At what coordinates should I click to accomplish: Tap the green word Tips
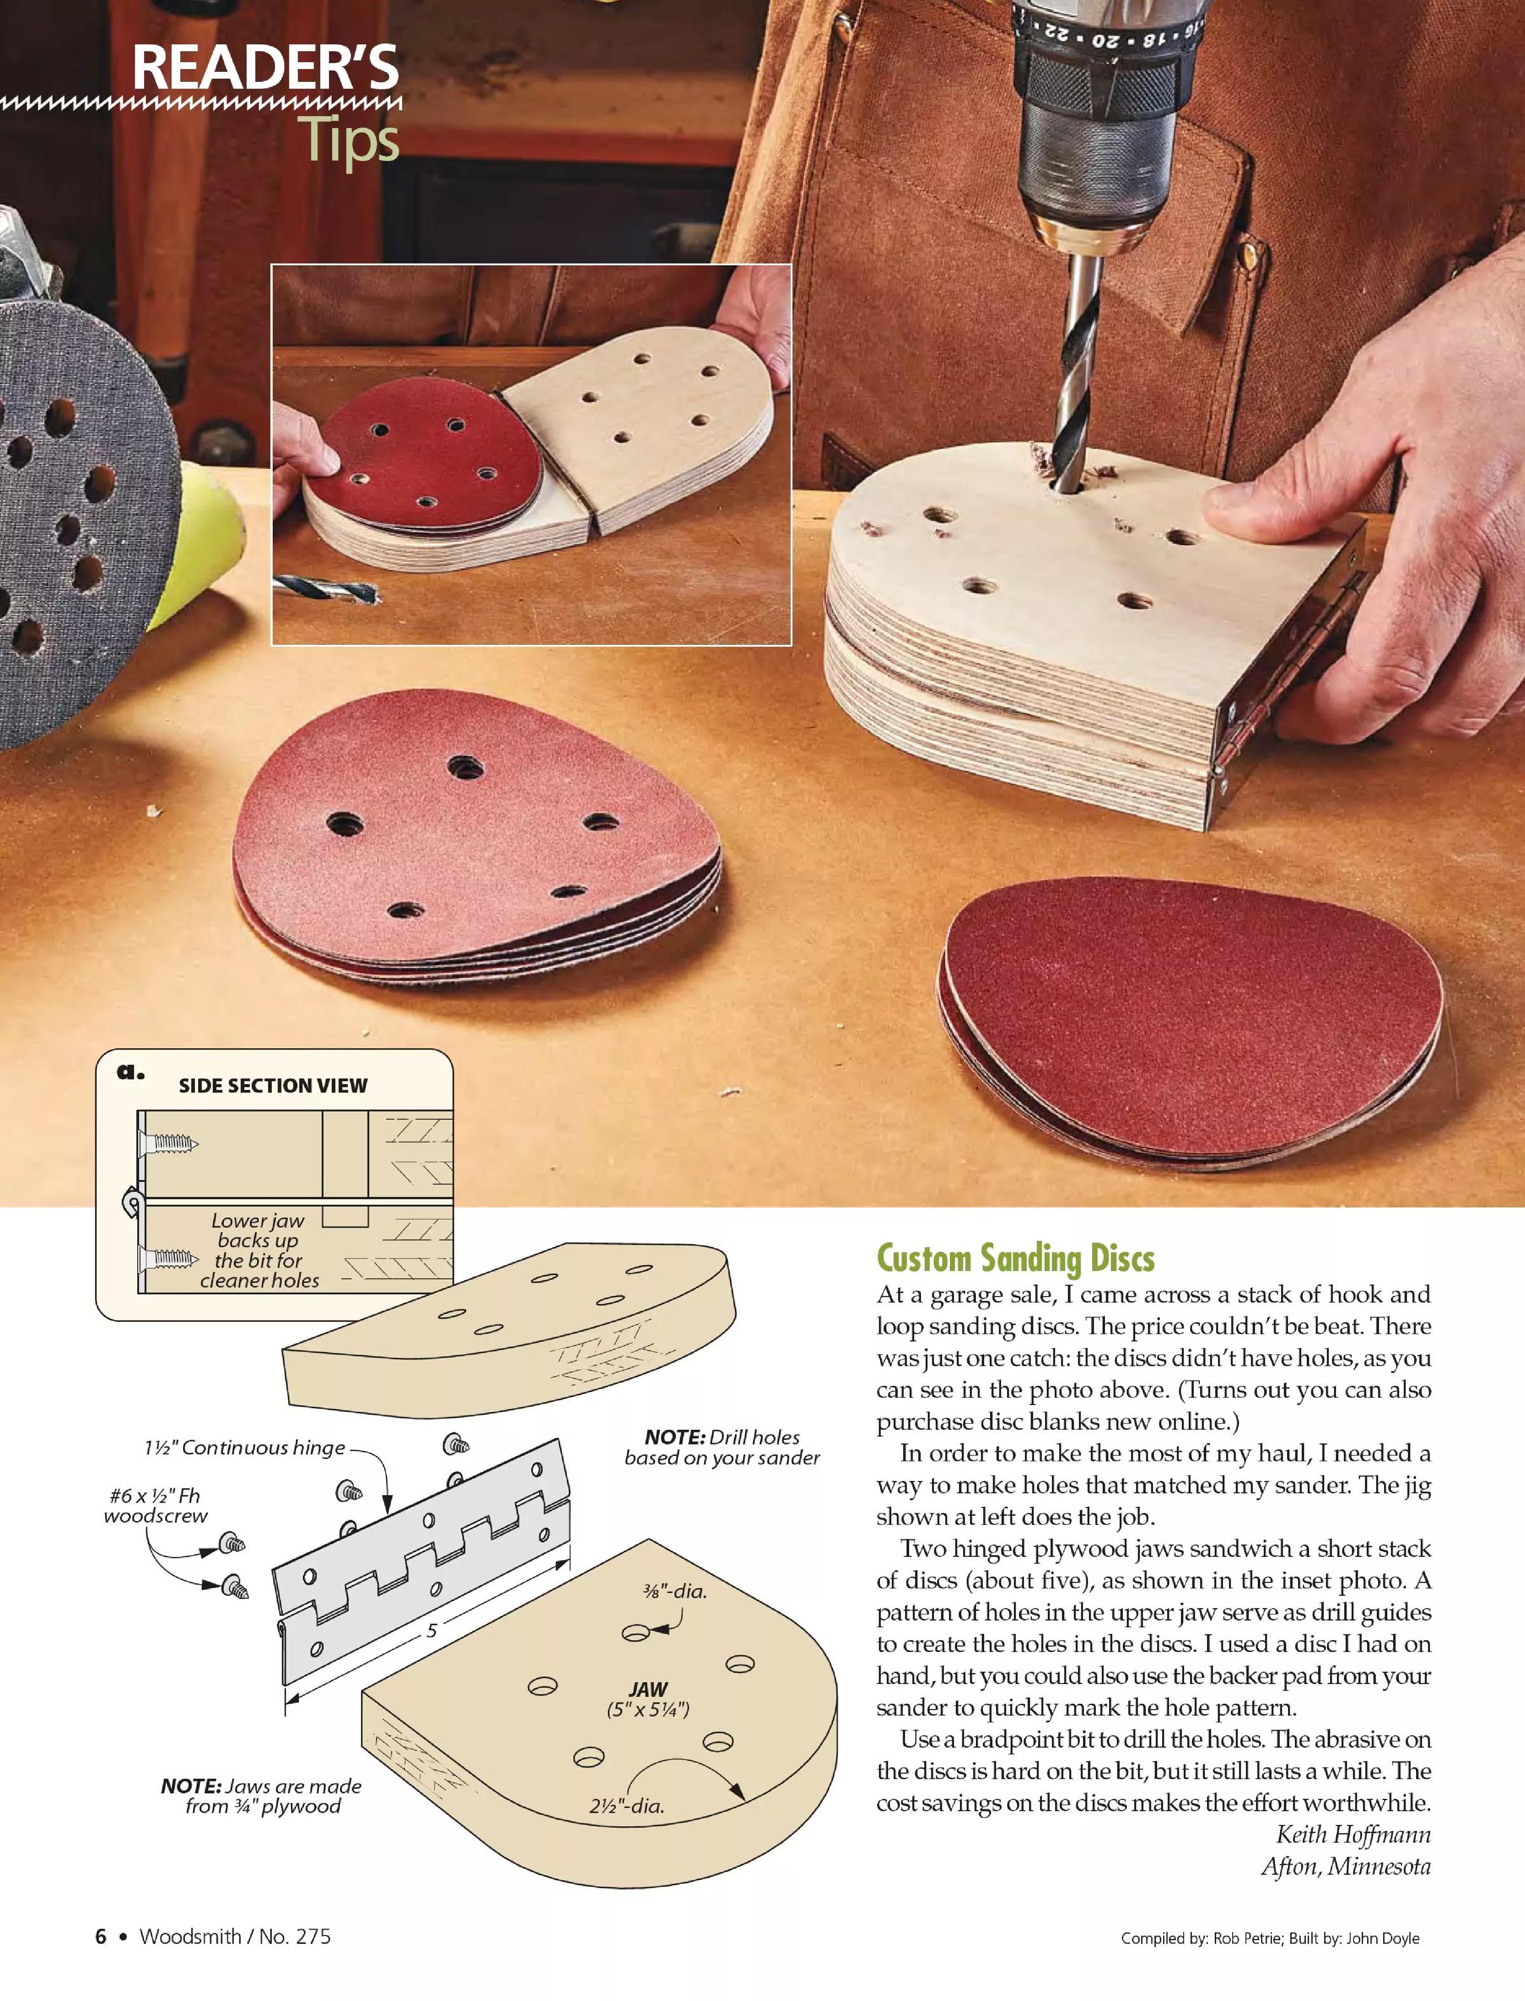[350, 141]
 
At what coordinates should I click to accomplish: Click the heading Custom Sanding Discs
[1015, 1259]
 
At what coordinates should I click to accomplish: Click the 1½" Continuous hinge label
[244, 1448]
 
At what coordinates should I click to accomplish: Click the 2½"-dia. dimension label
[626, 1806]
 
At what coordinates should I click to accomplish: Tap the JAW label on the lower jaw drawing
[648, 1690]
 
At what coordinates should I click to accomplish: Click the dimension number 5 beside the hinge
[432, 1631]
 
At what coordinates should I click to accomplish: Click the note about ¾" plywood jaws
[261, 1796]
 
